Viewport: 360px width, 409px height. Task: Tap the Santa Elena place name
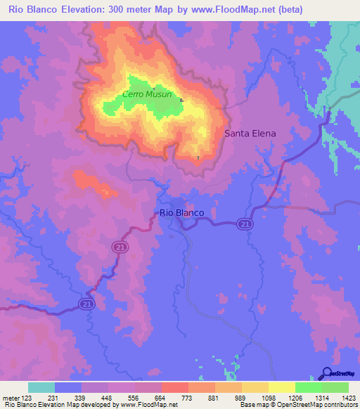click(x=250, y=133)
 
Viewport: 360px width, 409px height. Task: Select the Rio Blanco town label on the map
click(x=182, y=212)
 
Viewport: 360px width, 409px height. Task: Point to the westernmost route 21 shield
click(x=86, y=303)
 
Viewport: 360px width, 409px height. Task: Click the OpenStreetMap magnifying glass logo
click(x=327, y=373)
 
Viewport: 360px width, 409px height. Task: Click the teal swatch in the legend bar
click(x=41, y=387)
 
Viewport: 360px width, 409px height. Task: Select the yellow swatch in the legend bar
click(x=281, y=387)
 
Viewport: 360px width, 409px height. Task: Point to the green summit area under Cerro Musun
click(x=141, y=107)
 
